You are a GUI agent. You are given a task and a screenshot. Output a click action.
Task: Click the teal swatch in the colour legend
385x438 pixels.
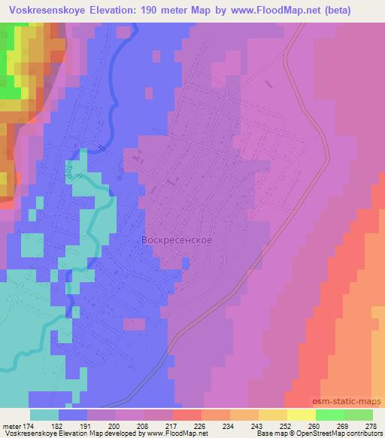(x=45, y=415)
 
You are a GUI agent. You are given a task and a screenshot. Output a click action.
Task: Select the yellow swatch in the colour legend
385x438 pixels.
(x=302, y=415)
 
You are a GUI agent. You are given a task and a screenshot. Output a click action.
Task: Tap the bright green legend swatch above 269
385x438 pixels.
(x=330, y=415)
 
